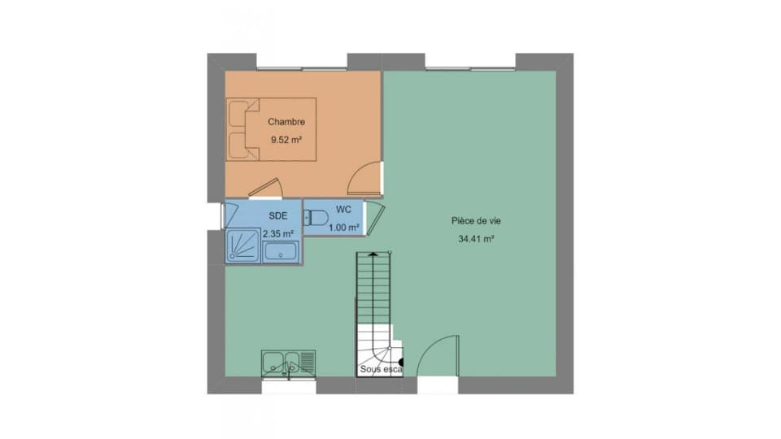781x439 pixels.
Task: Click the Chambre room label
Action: point(286,122)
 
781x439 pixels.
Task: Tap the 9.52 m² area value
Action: point(286,140)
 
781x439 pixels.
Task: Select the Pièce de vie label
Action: point(476,220)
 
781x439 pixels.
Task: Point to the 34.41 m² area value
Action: point(476,239)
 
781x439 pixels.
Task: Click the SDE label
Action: point(278,216)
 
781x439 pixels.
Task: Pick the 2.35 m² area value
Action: point(278,233)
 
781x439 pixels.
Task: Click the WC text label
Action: point(343,210)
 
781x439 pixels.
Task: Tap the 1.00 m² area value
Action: point(343,228)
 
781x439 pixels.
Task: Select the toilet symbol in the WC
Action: point(316,218)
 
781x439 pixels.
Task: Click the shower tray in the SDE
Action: point(243,246)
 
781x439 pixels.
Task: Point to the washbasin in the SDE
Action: point(281,252)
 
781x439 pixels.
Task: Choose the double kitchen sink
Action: point(288,363)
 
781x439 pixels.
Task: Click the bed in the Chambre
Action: point(272,129)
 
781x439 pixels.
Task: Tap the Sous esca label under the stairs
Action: point(381,369)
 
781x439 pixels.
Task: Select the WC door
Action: point(375,218)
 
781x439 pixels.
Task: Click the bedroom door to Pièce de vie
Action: point(364,178)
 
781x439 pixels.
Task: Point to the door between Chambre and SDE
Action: point(266,188)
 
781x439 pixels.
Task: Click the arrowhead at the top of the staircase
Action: point(373,254)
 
